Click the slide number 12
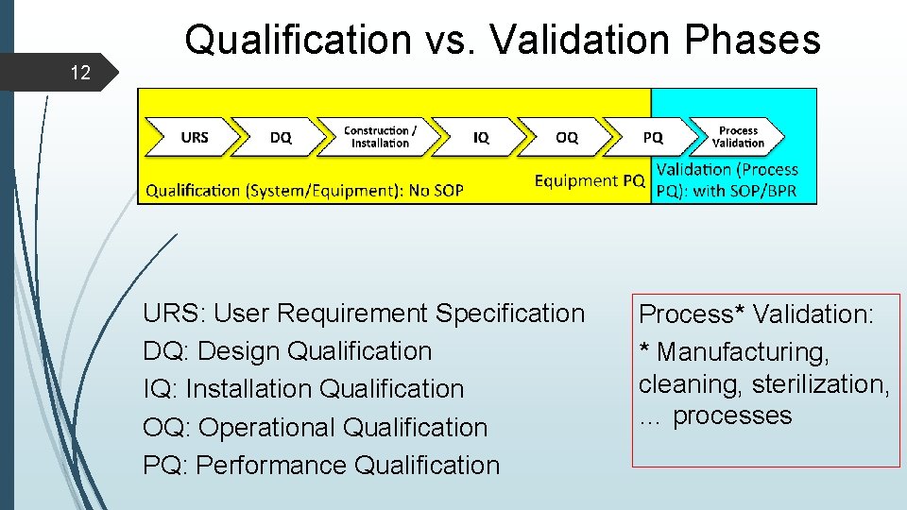[80, 72]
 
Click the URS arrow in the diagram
[192, 137]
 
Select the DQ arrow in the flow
[280, 137]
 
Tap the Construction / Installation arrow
[380, 137]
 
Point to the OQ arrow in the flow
[566, 137]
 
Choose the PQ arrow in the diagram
[652, 137]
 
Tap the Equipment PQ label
[590, 180]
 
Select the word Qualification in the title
[298, 40]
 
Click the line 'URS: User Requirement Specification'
[364, 314]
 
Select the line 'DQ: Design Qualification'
[287, 351]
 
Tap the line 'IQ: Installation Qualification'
[303, 389]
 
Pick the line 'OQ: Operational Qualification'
[315, 427]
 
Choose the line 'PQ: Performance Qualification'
[321, 465]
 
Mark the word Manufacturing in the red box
[743, 352]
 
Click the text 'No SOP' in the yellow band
[436, 191]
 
